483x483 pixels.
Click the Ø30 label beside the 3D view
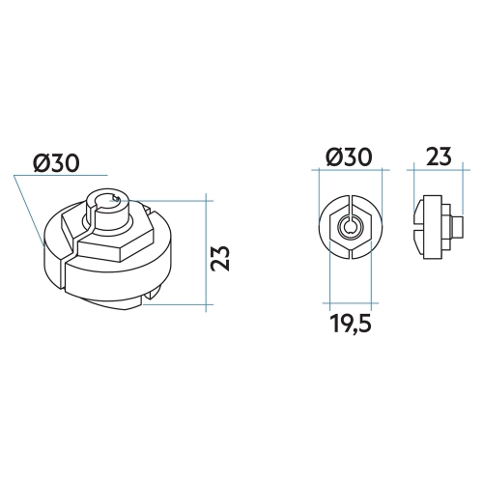click(x=56, y=165)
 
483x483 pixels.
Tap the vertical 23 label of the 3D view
click(x=221, y=258)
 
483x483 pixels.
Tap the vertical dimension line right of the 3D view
click(x=208, y=253)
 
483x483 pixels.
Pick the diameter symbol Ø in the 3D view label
click(x=41, y=165)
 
